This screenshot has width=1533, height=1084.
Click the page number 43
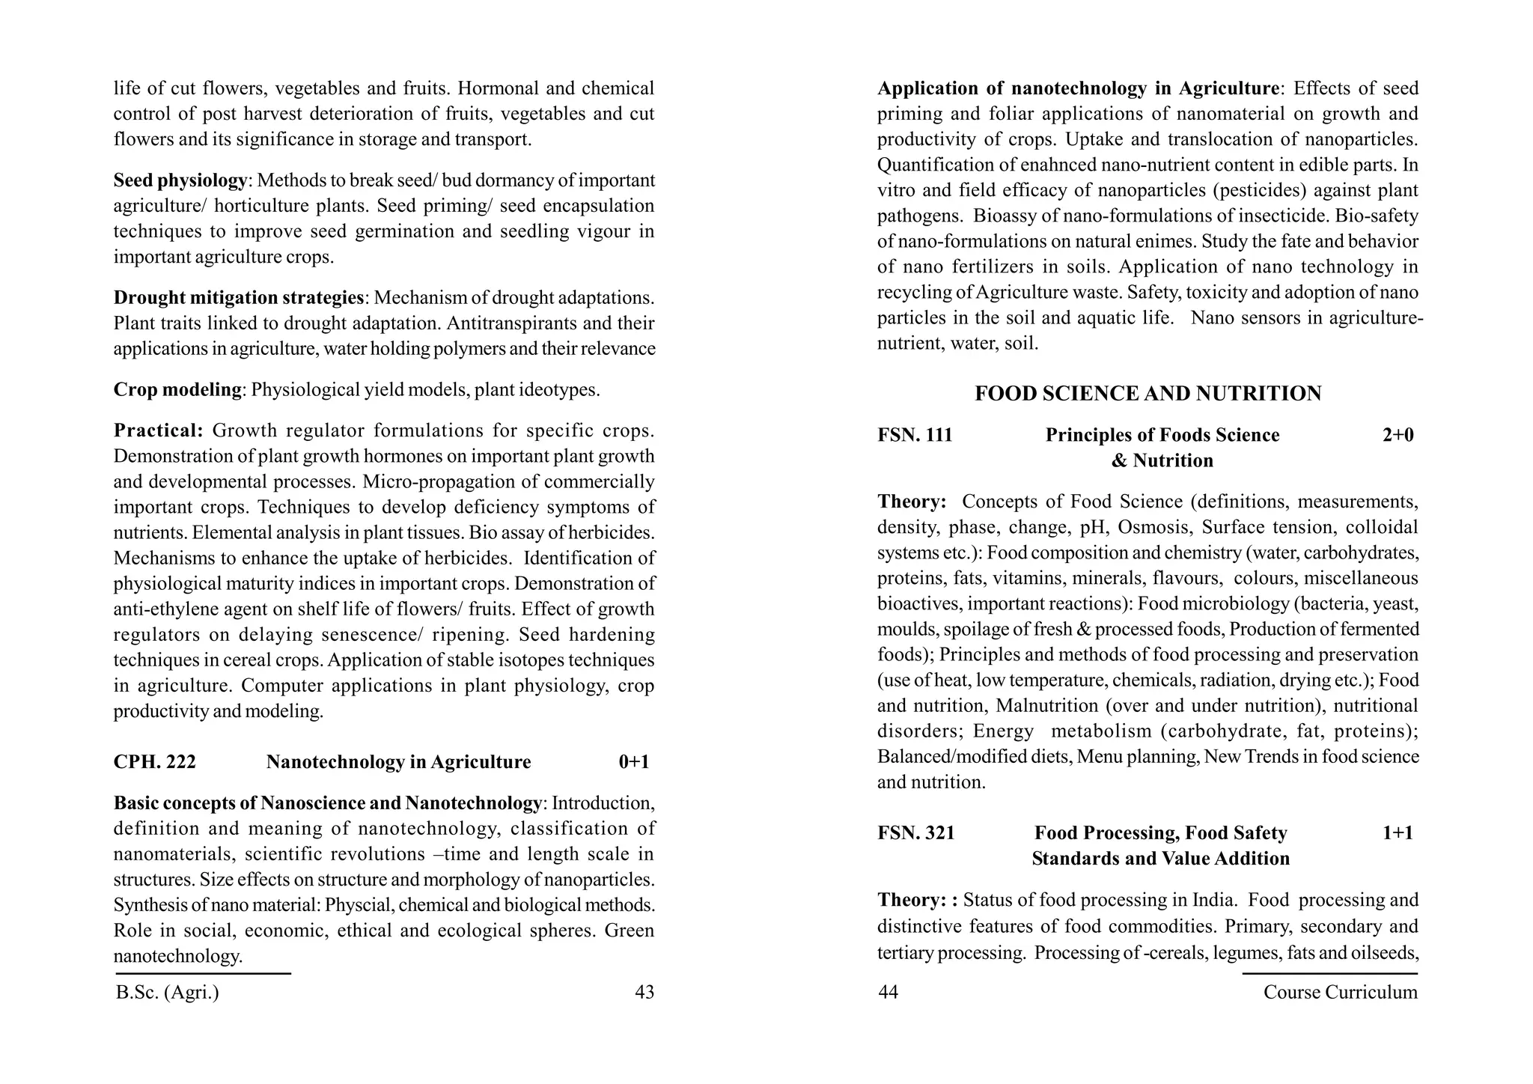coord(644,992)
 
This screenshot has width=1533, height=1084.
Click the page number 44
coord(888,992)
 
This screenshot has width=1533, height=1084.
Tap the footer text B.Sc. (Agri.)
coord(168,993)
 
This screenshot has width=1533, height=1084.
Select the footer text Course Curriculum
coord(1340,992)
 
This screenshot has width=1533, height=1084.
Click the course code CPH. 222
coord(155,762)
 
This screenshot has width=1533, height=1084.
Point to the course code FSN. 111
coord(915,435)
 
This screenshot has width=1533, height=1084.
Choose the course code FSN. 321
coord(916,833)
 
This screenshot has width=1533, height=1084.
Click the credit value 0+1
coord(634,762)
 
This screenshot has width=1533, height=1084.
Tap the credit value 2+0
coord(1398,435)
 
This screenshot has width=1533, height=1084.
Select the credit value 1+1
coord(1398,833)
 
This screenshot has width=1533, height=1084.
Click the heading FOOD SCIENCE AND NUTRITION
coord(1148,394)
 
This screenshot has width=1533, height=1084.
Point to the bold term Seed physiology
coord(180,180)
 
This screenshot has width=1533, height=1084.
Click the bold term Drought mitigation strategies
coord(238,298)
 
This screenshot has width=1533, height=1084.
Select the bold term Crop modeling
coord(177,390)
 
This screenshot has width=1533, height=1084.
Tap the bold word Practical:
coord(158,430)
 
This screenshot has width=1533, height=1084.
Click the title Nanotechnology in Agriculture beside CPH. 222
coord(398,762)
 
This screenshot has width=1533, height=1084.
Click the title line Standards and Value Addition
coord(1160,859)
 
